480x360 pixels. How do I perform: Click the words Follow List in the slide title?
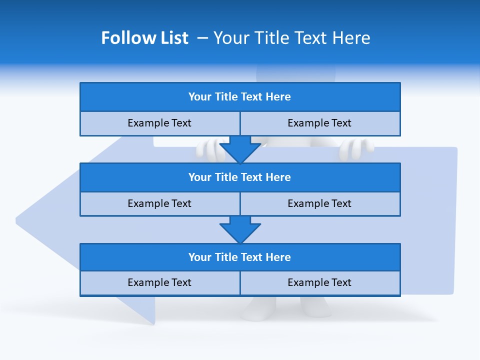[144, 38]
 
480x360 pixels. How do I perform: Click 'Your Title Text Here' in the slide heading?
[291, 38]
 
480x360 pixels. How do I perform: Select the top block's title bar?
[240, 97]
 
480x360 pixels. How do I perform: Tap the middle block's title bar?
[240, 177]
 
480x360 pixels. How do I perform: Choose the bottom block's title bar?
[240, 257]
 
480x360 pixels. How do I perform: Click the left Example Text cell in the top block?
[159, 123]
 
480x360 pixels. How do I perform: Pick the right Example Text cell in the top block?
[319, 123]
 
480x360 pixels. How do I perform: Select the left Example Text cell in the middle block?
[159, 203]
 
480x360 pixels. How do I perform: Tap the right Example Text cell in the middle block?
[319, 203]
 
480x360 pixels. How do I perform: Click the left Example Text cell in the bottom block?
[159, 282]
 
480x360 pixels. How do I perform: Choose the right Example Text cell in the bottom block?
[319, 282]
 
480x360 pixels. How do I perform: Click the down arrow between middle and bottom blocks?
[240, 229]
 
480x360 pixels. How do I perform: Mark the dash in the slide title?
[202, 38]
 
